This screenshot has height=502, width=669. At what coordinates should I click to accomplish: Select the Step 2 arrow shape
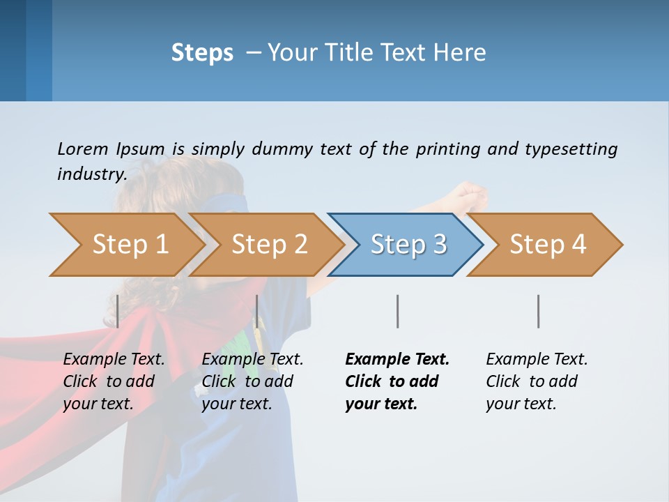click(268, 245)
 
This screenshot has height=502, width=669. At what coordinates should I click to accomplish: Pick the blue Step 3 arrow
click(408, 245)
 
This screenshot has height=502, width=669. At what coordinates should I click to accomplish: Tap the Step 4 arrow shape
click(547, 245)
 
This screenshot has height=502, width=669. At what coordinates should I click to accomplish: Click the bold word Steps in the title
click(202, 53)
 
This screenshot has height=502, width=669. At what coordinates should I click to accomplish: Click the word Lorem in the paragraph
click(82, 149)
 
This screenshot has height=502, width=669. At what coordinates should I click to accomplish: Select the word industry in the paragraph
click(91, 174)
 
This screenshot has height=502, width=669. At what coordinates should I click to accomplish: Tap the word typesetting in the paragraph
click(571, 149)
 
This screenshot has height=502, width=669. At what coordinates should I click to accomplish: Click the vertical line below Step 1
click(118, 311)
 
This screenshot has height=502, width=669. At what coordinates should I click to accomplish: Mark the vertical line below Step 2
click(257, 311)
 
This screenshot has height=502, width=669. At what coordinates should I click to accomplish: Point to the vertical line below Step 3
click(397, 311)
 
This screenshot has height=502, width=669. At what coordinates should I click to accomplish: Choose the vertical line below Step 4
click(538, 311)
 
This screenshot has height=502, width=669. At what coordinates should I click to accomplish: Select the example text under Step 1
click(114, 381)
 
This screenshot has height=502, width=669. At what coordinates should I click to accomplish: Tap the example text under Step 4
click(536, 381)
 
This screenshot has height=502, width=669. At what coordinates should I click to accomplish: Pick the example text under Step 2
click(252, 381)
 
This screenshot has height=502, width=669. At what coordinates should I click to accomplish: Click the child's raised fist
click(471, 195)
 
